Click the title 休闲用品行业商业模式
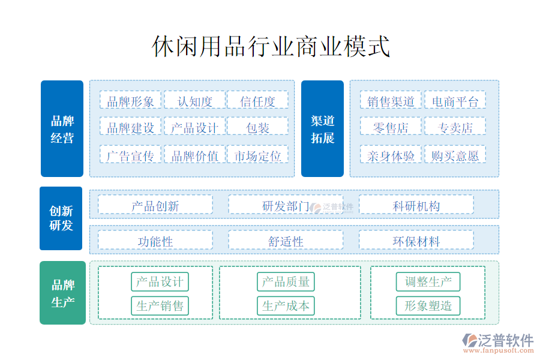271,46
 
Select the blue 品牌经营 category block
62,128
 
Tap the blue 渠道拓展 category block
322,128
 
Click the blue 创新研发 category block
61,218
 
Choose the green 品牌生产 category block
62,293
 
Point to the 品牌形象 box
131,101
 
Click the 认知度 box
194,101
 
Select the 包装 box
257,127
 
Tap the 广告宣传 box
131,155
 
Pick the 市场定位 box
257,155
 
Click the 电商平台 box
455,101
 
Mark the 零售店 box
391,127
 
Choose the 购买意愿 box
455,155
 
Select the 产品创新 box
155,205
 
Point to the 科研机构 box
416,205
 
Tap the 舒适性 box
286,240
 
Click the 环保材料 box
416,240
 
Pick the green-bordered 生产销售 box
160,306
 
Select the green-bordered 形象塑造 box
428,306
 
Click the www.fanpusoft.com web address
499,350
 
